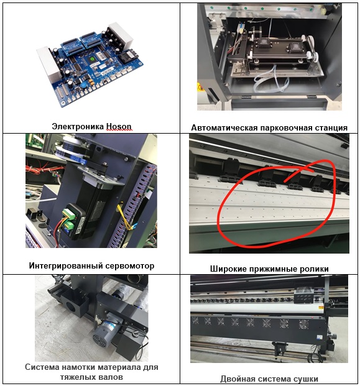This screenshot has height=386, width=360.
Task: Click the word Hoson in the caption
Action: pyautogui.click(x=119, y=127)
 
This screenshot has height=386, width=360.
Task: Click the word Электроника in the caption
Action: pyautogui.click(x=78, y=127)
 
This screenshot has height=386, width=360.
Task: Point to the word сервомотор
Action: pyautogui.click(x=130, y=266)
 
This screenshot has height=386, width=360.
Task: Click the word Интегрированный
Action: pyautogui.click(x=66, y=266)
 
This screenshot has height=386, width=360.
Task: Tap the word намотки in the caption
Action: pyautogui.click(x=77, y=367)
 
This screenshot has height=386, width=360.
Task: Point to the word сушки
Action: pyautogui.click(x=306, y=379)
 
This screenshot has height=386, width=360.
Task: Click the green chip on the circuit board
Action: pyautogui.click(x=91, y=59)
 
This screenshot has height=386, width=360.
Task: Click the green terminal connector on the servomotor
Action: pyautogui.click(x=68, y=219)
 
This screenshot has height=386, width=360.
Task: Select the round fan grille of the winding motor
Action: pyautogui.click(x=101, y=339)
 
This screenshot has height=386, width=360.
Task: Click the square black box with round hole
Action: pyautogui.click(x=74, y=303)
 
